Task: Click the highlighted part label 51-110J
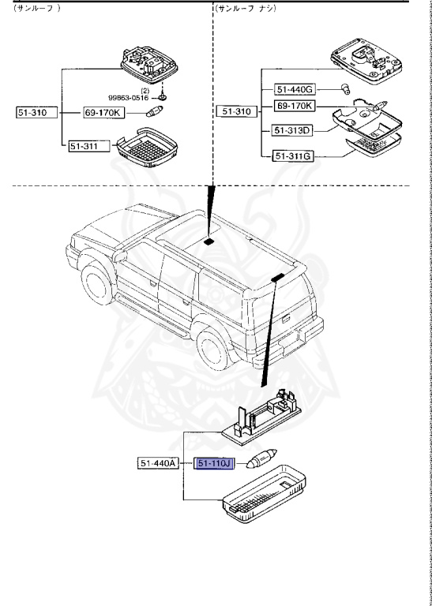tap(212, 463)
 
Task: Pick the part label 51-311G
tap(294, 156)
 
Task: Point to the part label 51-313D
tap(293, 130)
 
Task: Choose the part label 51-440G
tap(294, 89)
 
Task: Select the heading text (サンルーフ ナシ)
tap(247, 8)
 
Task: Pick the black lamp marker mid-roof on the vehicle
tap(208, 241)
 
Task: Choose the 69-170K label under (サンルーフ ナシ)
tap(294, 105)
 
